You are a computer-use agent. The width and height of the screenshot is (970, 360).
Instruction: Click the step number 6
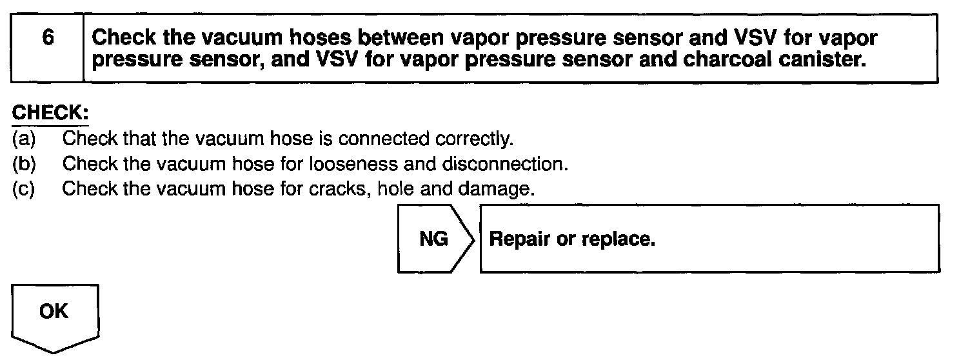pyautogui.click(x=47, y=38)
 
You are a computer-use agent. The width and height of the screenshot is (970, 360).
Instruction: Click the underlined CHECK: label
pyautogui.click(x=50, y=113)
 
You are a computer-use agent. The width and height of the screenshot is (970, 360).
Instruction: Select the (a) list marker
pyautogui.click(x=25, y=139)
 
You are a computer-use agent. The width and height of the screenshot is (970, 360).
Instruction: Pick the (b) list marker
pyautogui.click(x=25, y=164)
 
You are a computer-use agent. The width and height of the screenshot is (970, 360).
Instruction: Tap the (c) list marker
pyautogui.click(x=25, y=190)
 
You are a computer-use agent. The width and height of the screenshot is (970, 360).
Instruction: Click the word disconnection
pyautogui.click(x=504, y=164)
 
